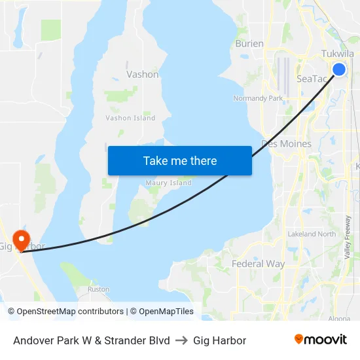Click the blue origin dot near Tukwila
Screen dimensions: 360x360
(339, 69)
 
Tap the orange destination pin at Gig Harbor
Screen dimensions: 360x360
(21, 238)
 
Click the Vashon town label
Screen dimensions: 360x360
(142, 74)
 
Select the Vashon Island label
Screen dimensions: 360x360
(130, 118)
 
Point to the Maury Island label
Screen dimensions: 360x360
(168, 183)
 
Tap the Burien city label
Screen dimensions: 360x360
(249, 44)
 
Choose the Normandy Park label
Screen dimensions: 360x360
(257, 98)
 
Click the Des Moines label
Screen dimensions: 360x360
(286, 143)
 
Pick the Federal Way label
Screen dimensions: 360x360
(258, 264)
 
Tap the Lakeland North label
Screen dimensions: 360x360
(312, 234)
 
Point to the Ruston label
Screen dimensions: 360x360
(98, 289)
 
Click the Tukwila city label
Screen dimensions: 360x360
(337, 54)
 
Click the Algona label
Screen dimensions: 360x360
(338, 318)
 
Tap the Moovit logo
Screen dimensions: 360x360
(320, 340)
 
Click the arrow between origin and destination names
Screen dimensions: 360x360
(181, 340)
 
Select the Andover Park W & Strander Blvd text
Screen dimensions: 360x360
(92, 340)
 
